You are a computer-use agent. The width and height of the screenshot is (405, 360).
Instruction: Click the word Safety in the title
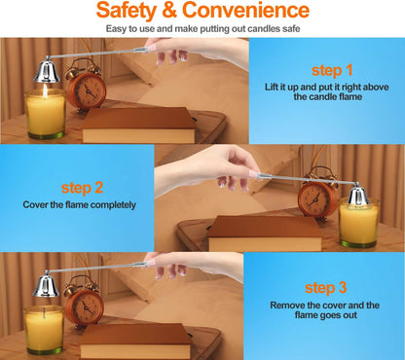coord(127,11)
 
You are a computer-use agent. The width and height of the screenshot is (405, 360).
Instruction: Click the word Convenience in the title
coord(245,10)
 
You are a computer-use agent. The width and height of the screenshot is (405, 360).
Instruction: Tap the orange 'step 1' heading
coord(332,70)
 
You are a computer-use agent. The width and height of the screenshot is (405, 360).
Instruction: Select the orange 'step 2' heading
coord(82,188)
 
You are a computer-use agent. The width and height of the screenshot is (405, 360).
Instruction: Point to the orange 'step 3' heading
coord(325,288)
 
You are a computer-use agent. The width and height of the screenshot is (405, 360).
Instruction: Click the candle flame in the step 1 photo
coord(45,90)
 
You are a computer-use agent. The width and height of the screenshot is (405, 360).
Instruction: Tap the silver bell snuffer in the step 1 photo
coord(47,70)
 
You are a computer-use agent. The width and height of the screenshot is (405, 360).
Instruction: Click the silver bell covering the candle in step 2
coord(358,194)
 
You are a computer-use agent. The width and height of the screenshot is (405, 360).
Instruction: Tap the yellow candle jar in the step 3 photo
coord(44,330)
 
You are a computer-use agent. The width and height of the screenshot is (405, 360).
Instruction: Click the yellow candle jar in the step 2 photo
coord(358,223)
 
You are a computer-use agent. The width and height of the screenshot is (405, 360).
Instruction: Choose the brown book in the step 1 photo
coord(139,126)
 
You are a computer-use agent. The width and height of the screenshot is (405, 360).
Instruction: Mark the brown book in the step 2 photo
coord(265,234)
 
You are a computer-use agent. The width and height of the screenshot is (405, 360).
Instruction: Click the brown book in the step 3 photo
coord(135,342)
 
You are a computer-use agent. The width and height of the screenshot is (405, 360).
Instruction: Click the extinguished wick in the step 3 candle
coord(44,312)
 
